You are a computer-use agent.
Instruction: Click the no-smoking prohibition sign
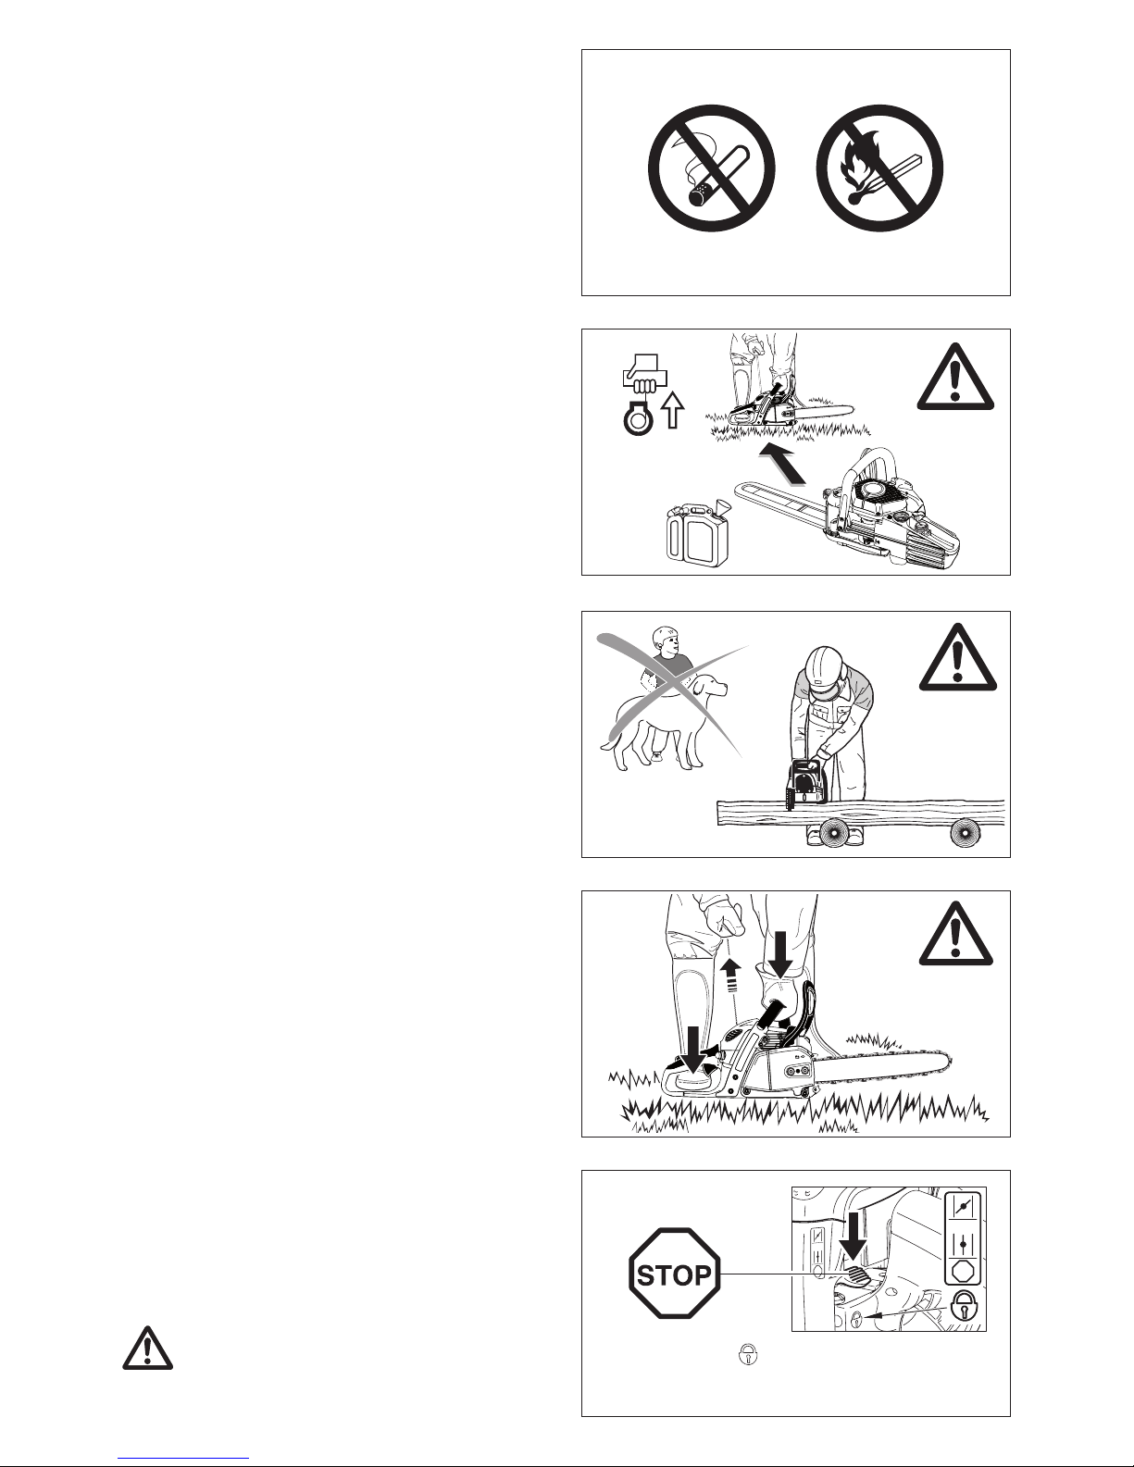[x=712, y=168]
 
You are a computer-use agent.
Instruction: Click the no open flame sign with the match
[x=879, y=168]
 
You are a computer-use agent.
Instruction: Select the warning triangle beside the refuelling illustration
[x=955, y=377]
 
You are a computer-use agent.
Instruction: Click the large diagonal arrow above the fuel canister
[x=781, y=465]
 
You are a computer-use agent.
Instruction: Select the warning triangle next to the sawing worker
[x=958, y=657]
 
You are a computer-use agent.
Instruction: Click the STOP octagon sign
[x=675, y=1274]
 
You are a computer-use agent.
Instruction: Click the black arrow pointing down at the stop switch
[x=854, y=1236]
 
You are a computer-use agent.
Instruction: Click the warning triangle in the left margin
[x=148, y=1349]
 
